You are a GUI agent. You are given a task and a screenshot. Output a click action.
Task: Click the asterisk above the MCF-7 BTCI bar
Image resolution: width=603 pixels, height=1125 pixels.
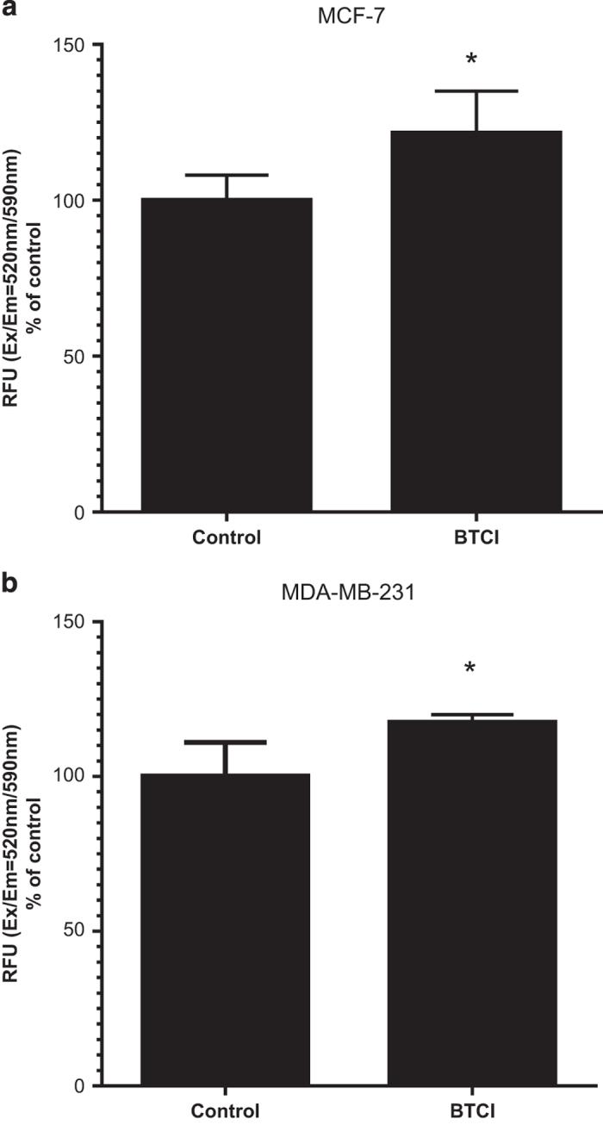click(471, 60)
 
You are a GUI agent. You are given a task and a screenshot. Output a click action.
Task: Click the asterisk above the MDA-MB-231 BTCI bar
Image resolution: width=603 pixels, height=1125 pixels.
click(471, 669)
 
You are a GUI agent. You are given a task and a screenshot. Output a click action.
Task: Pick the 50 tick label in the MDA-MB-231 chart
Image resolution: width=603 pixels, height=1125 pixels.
click(80, 931)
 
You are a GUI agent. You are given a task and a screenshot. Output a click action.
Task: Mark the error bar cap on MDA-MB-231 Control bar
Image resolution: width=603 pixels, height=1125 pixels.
click(226, 742)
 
